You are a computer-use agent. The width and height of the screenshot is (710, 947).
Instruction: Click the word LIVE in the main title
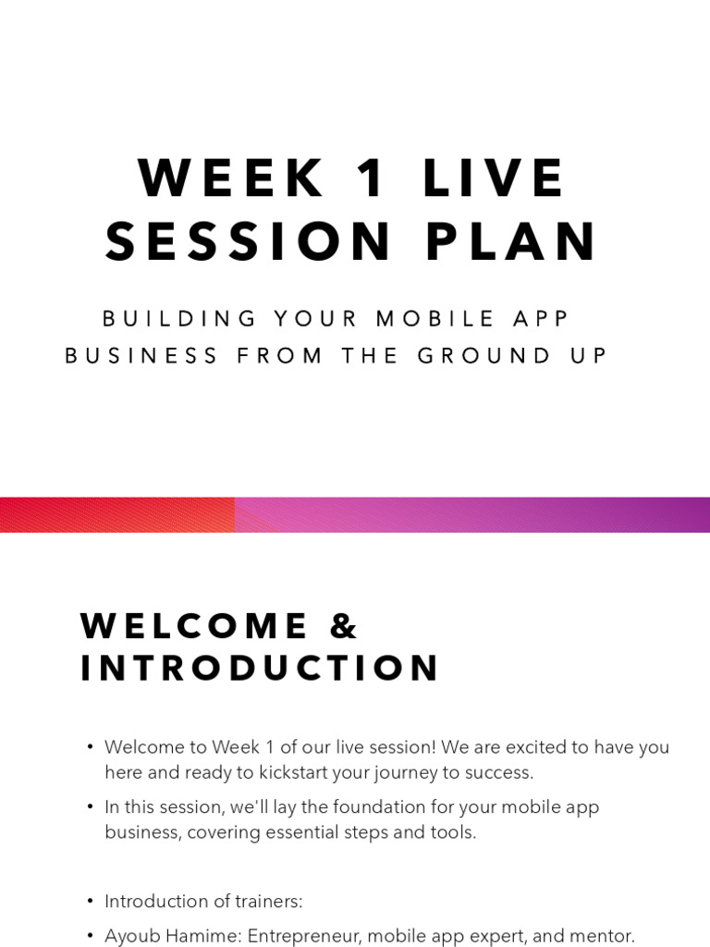494,178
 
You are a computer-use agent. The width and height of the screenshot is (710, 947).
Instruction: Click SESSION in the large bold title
250,242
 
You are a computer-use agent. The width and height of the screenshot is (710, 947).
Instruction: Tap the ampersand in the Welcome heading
343,627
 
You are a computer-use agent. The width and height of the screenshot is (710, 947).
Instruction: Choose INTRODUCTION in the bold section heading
260,669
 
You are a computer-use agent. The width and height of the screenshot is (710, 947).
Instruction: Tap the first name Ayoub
132,936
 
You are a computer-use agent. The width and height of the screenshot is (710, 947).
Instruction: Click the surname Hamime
201,936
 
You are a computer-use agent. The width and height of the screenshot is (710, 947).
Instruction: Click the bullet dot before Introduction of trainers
90,902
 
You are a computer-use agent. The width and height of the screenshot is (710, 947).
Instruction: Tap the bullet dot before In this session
90,807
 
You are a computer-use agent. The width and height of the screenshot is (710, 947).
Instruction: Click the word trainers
269,902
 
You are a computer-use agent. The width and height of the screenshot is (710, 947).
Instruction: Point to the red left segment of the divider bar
116,515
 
